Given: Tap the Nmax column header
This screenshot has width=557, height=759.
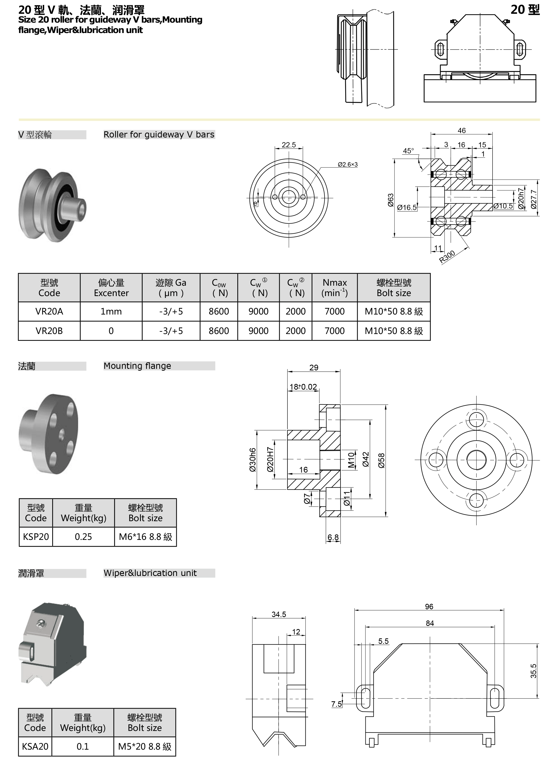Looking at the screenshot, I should pos(335,288).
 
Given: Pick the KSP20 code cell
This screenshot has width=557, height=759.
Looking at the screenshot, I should pos(36,536).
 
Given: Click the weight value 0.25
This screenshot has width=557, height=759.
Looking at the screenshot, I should pos(83,536).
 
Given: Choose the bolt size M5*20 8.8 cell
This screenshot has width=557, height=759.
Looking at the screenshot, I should pos(145,747).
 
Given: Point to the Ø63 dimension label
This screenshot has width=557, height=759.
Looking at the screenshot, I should pos(390,200).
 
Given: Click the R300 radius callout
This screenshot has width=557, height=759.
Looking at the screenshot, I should pos(447,257).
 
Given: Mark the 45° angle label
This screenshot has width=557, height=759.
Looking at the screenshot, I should pos(408,151).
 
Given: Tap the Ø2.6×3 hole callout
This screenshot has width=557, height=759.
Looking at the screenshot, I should pos(348,165).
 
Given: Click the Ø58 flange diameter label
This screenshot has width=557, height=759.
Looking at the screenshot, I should pos(381,460).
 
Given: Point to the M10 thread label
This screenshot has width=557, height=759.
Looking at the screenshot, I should pos(351,460).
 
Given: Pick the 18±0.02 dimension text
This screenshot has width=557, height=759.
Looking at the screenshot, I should pos(303,387).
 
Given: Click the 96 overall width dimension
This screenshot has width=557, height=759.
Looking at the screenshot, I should pos(429,607).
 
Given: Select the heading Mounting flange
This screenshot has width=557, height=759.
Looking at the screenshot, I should pos(137,366).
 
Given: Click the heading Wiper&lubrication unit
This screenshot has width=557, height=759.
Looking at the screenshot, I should pos(150,573).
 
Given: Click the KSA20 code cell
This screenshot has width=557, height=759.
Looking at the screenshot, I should pos(35,747).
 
